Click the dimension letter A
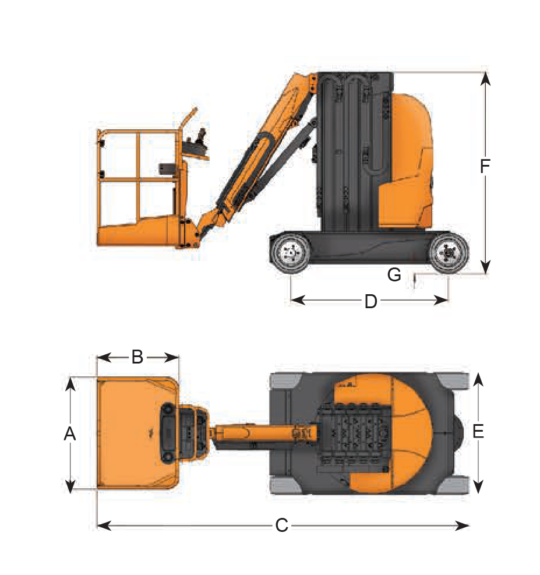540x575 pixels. click(70, 434)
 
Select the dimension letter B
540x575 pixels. click(137, 357)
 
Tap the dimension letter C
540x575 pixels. click(281, 525)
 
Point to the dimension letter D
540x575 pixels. click(370, 301)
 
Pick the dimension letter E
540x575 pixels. click(478, 431)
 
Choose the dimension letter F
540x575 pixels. click(485, 166)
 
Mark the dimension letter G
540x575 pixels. click(394, 274)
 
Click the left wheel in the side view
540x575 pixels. click(291, 252)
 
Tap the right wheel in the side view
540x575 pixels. click(449, 252)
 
